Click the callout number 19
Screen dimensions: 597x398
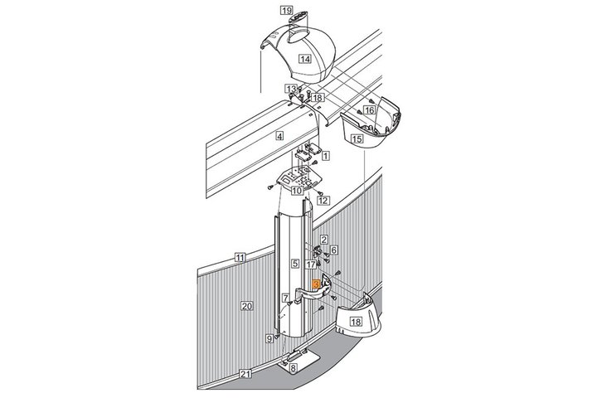[x=286, y=10]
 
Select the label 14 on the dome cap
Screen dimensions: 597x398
[x=304, y=59]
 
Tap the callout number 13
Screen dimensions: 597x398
[x=291, y=89]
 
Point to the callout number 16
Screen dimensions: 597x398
[x=369, y=110]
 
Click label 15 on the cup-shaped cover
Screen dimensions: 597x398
[x=357, y=139]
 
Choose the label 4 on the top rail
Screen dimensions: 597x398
[x=280, y=136]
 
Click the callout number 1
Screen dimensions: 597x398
[x=326, y=156]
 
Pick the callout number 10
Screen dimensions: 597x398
[x=297, y=191]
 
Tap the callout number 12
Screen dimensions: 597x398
[x=323, y=201]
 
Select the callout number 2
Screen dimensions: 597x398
[x=323, y=240]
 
